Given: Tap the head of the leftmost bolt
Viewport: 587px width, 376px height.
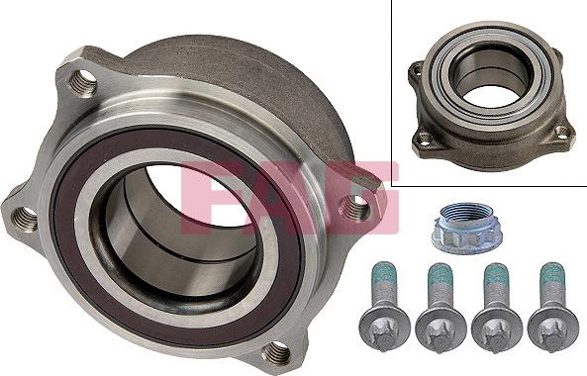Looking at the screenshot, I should [381, 325].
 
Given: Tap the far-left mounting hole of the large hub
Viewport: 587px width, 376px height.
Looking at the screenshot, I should [26, 215].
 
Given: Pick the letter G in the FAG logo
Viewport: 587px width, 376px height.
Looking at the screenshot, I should [361, 193].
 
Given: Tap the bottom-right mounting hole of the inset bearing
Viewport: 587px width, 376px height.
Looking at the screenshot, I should [561, 132].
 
